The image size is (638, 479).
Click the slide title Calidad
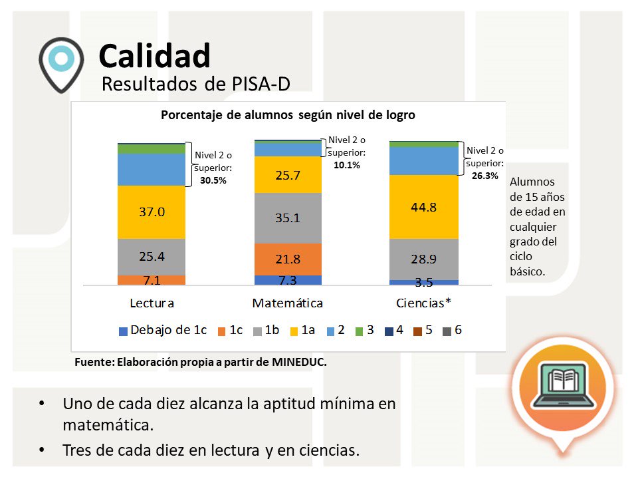[x=154, y=57]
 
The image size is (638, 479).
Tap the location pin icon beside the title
[x=61, y=64]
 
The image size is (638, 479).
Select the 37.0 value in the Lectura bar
[x=152, y=212]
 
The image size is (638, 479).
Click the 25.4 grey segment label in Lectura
[x=152, y=255]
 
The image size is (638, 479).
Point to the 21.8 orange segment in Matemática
[x=287, y=259]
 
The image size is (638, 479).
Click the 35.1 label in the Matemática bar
[x=287, y=218]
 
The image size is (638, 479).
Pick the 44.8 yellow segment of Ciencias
[x=423, y=207]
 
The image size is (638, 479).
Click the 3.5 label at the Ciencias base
[x=423, y=282]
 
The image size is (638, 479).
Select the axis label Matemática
[x=287, y=303]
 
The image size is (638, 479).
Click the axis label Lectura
[x=152, y=303]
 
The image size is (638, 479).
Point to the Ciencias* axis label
[x=423, y=303]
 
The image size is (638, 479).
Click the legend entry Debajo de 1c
[x=162, y=330]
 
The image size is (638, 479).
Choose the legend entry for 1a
[x=302, y=330]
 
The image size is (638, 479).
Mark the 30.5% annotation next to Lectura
[x=213, y=180]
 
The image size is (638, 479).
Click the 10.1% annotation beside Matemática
[x=346, y=165]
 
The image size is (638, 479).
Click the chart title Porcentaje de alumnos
[x=288, y=114]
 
